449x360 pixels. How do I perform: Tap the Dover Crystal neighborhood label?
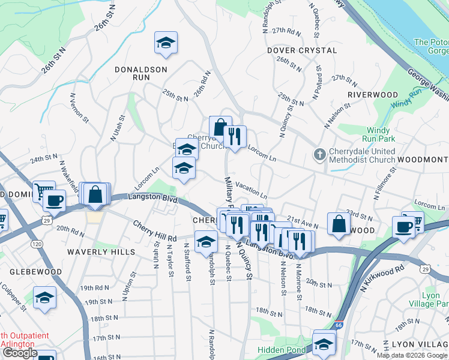302,50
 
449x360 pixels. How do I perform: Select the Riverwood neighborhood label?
372,95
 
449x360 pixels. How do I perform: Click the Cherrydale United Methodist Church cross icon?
319,155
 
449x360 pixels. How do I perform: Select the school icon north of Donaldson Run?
165,43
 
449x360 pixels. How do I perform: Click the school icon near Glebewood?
44,298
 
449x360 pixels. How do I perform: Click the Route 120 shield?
37,245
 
